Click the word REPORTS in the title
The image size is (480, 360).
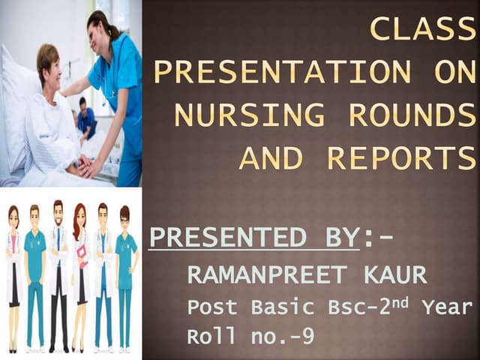(402, 158)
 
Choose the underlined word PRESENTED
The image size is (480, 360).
(220, 238)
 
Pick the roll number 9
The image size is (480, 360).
(307, 337)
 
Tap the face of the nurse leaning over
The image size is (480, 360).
(102, 31)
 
